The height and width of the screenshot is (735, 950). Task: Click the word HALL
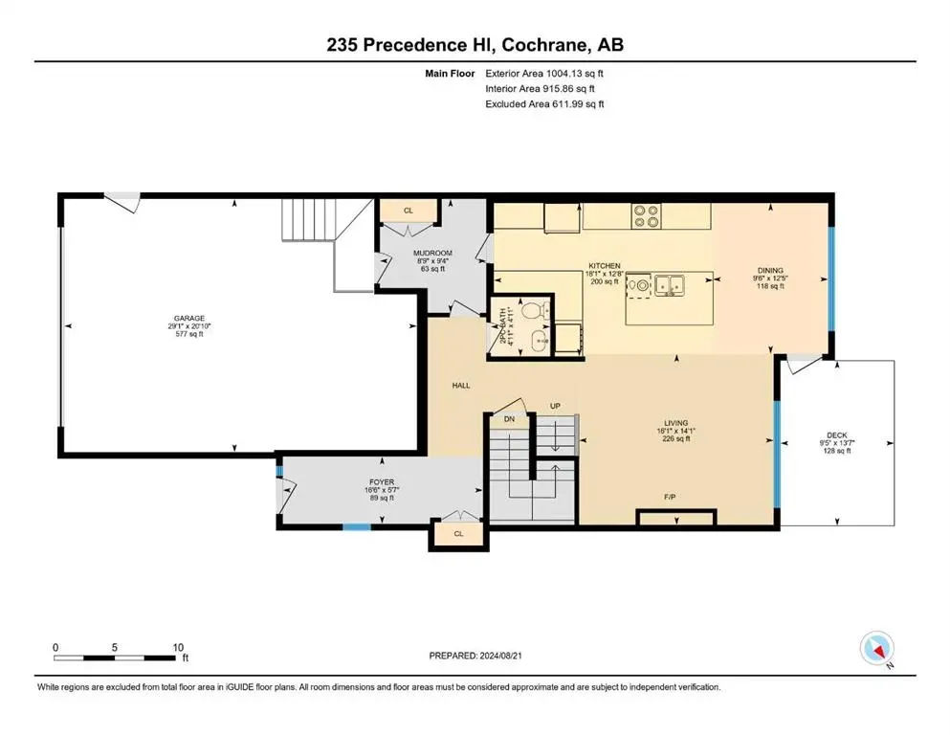coord(461,386)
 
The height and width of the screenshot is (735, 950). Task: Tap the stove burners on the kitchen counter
coord(648,215)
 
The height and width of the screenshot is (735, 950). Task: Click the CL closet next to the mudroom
coord(409,211)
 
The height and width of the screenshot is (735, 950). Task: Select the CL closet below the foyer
coord(458,534)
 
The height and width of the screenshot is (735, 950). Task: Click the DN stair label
coord(509,419)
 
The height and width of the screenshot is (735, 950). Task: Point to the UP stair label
coord(554,407)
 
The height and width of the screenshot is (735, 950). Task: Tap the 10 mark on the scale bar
coord(177,647)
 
